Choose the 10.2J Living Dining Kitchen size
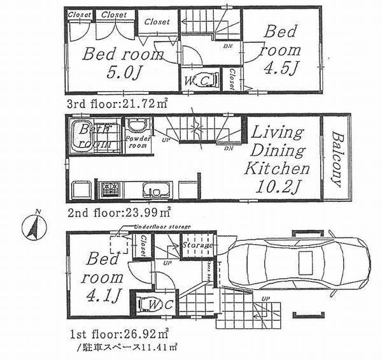tap(279, 189)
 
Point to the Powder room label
tap(138, 142)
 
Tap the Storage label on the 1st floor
tap(197, 245)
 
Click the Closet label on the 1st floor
tap(143, 247)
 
